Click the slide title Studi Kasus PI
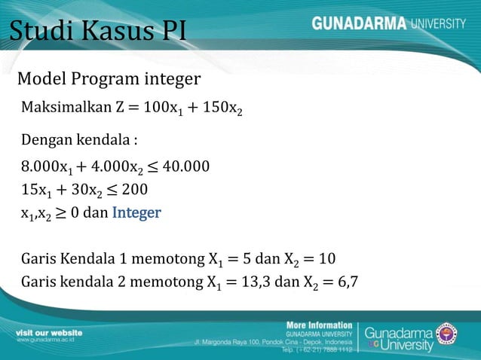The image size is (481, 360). pos(97,32)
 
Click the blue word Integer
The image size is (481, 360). pos(136,212)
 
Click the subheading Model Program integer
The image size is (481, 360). pos(109,79)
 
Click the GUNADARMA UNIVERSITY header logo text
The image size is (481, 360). pos(388,23)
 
